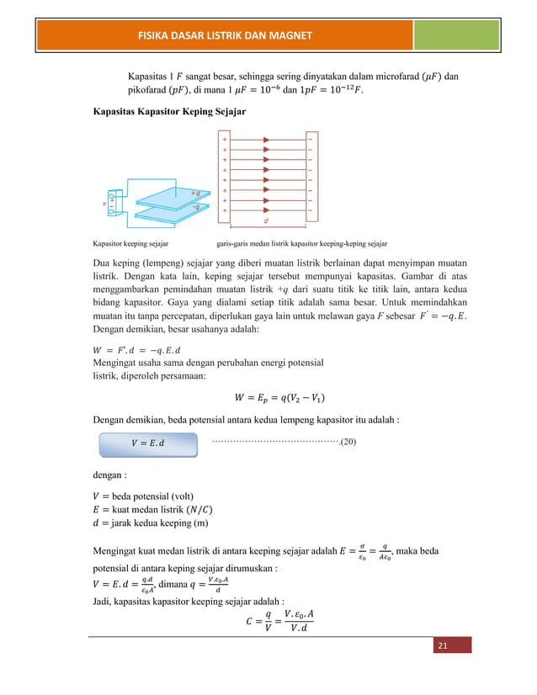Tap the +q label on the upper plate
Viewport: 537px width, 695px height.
pos(194,192)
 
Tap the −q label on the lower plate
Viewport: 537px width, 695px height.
pos(194,205)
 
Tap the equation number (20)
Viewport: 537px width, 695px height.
pos(347,439)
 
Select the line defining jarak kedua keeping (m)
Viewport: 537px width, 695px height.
pos(154,525)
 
